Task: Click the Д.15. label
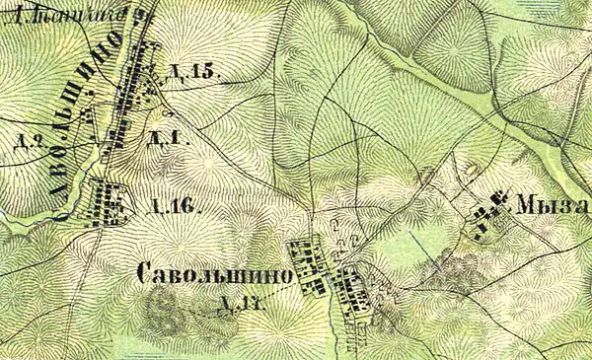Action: pos(191,72)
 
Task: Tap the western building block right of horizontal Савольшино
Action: pos(309,264)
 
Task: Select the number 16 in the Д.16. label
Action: pos(185,207)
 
